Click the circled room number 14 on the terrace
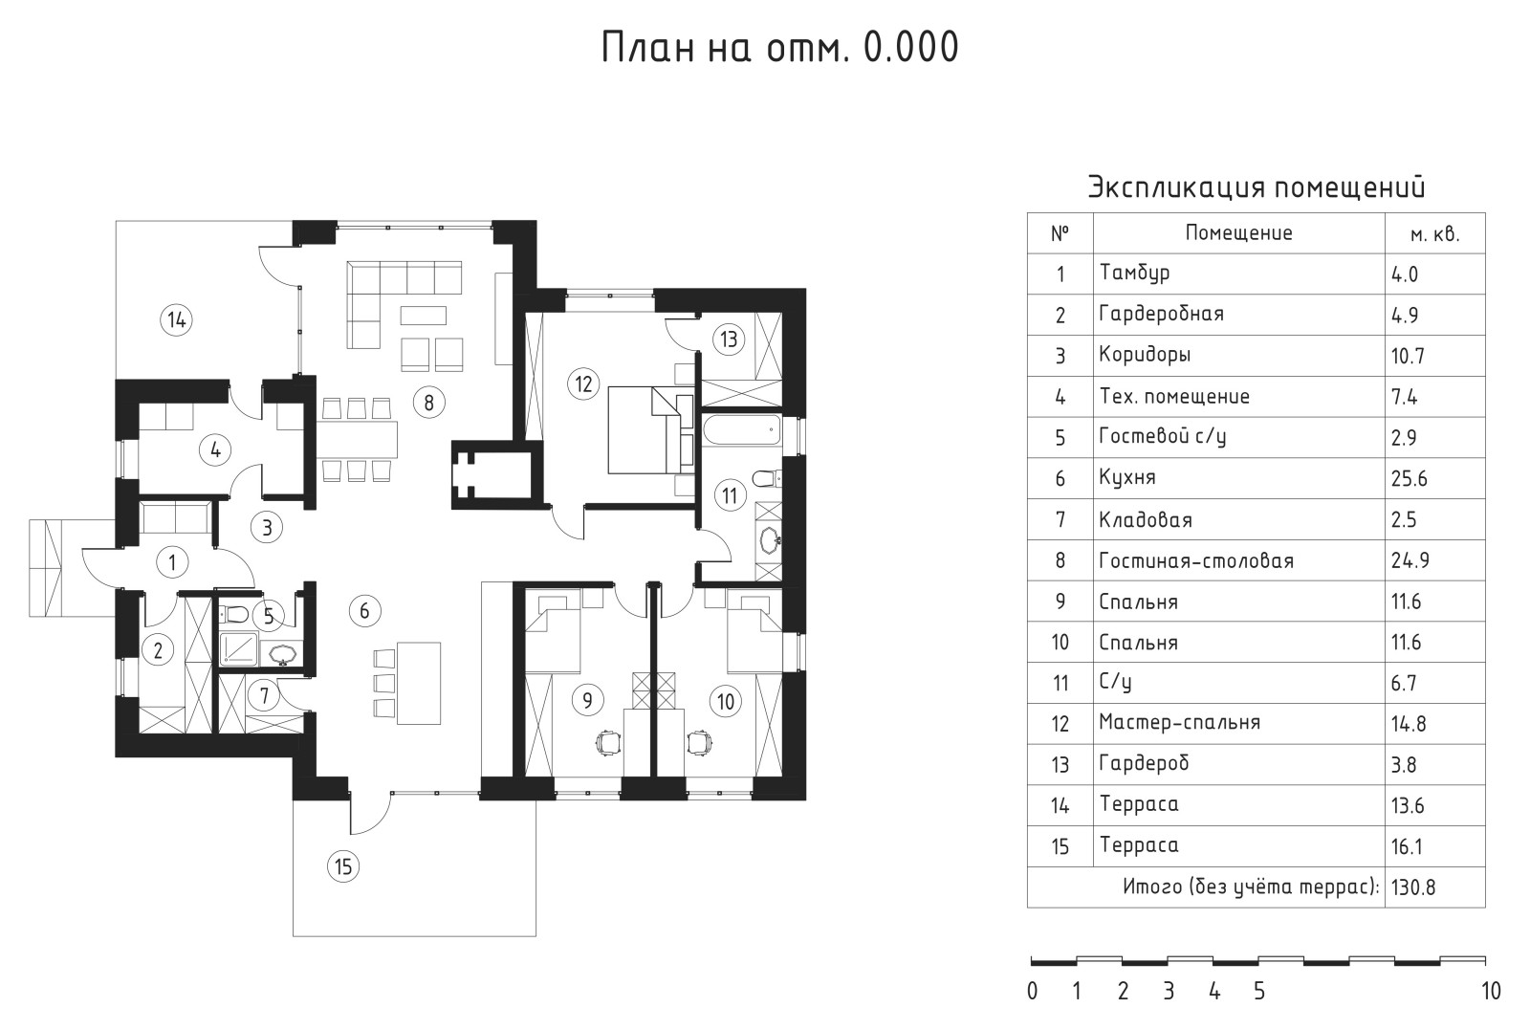(x=176, y=319)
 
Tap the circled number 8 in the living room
(x=428, y=403)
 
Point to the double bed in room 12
(x=646, y=429)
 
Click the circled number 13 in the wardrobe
(x=730, y=339)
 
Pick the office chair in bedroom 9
(x=606, y=741)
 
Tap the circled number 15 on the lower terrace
(x=342, y=867)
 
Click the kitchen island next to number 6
(x=419, y=683)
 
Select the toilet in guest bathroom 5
(x=236, y=614)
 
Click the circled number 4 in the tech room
(x=216, y=449)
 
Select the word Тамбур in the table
(x=1134, y=274)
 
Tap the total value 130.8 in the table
(x=1413, y=887)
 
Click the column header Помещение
(x=1238, y=233)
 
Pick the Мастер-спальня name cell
(x=1179, y=723)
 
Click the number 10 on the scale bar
(x=1490, y=992)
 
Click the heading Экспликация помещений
(x=1257, y=186)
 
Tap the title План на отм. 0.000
(x=779, y=47)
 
